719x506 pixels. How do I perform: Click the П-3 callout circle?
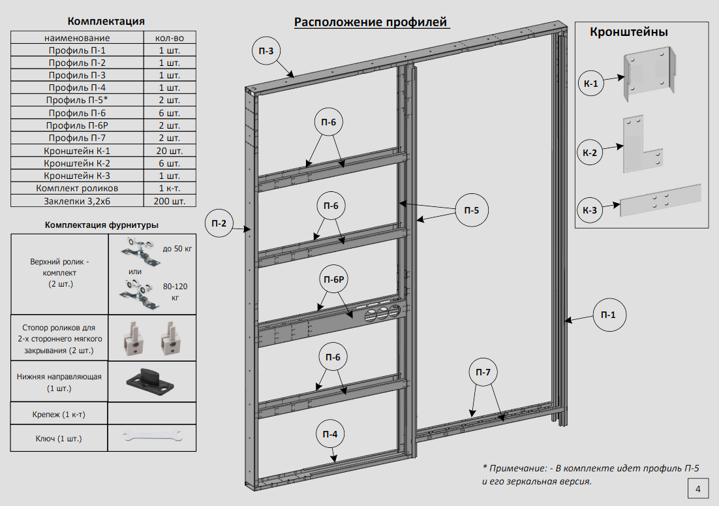(x=266, y=51)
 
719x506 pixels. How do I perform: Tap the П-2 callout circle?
(x=219, y=223)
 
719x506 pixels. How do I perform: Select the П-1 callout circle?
(x=608, y=315)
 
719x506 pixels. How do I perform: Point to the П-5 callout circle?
(x=471, y=210)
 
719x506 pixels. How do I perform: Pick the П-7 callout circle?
(x=483, y=372)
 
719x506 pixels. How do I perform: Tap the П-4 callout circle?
(x=331, y=434)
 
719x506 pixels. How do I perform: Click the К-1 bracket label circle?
(x=590, y=83)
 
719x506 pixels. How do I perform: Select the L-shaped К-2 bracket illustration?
(x=642, y=147)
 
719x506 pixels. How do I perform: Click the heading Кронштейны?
(x=628, y=32)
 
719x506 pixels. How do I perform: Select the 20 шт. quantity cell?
(x=170, y=151)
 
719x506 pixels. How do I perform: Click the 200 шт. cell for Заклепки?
(x=170, y=201)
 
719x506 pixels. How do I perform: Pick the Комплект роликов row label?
(x=79, y=189)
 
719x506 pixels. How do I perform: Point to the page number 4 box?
(x=697, y=488)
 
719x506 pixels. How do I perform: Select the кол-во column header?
(x=170, y=38)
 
